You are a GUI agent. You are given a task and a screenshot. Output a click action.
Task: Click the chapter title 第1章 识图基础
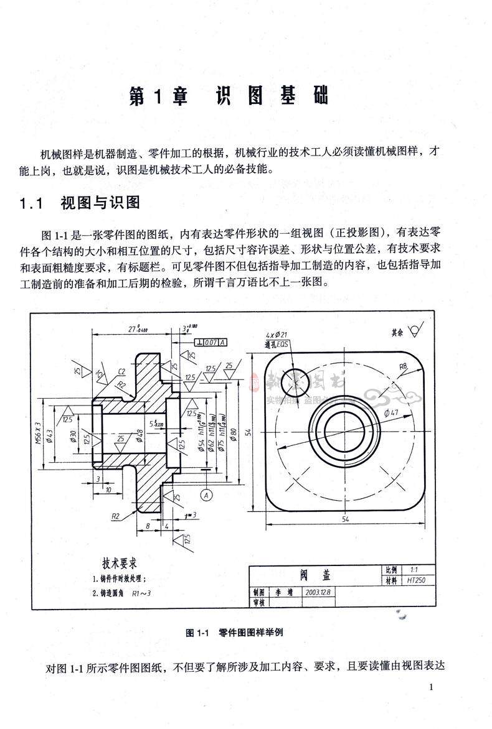228,96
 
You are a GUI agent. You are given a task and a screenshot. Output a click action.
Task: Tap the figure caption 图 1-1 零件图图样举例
235,632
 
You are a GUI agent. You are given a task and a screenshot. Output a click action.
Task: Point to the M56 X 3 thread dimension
37,431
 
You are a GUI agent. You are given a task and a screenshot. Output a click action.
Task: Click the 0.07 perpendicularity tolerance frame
211,342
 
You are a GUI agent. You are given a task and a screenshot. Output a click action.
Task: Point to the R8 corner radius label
404,366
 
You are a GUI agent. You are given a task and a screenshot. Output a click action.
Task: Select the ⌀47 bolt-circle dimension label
391,412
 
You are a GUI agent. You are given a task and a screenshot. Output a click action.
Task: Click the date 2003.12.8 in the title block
318,592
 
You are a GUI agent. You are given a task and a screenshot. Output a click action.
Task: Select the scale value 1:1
415,569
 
